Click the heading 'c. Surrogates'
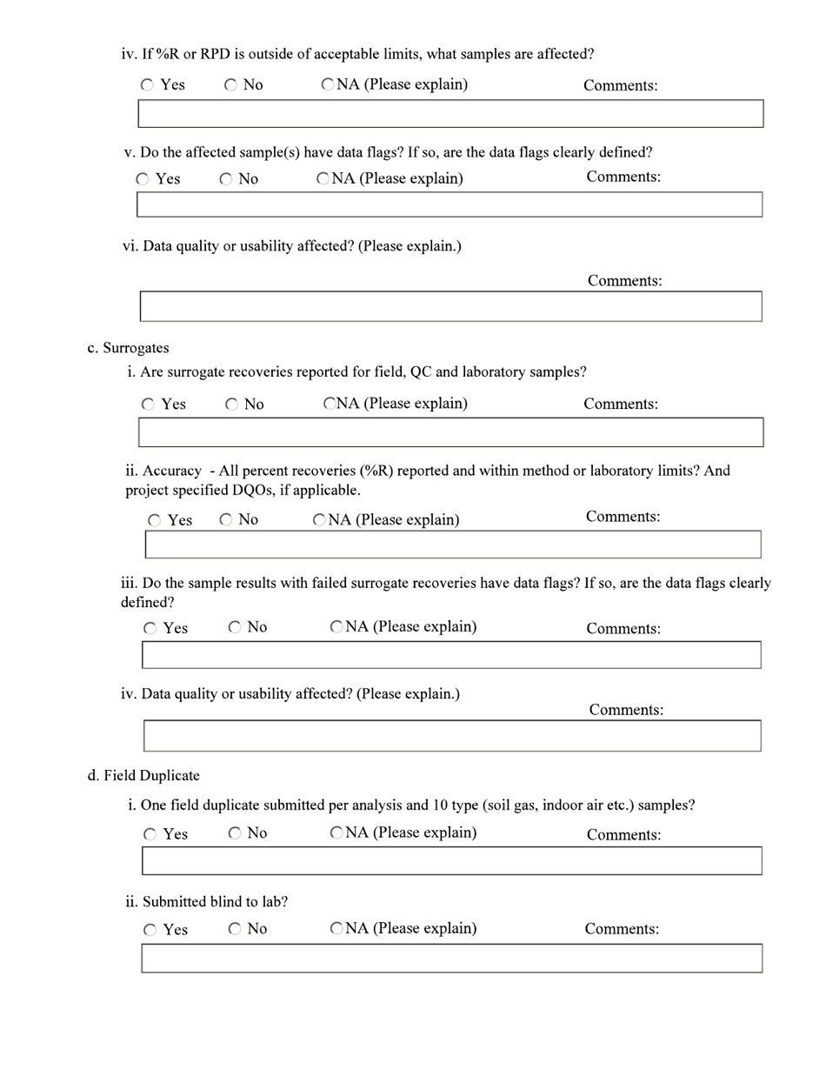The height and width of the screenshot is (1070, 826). point(128,348)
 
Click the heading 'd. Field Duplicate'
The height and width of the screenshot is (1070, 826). point(143,775)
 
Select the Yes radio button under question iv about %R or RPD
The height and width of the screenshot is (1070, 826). point(148,85)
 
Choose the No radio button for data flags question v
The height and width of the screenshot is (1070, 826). point(226,179)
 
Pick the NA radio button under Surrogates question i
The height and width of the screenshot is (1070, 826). point(330,404)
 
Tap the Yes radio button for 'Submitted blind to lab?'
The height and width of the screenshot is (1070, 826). point(150,930)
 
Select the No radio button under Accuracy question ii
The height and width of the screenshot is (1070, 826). point(226,520)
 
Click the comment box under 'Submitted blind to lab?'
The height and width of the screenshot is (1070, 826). point(451,958)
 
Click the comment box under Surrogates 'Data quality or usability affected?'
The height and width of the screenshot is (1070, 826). point(451,735)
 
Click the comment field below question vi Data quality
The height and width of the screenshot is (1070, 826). point(450,306)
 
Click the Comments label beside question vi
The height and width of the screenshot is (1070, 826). point(624,281)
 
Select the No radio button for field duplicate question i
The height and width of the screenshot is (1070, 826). point(235,833)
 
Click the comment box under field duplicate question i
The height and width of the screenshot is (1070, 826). point(451,860)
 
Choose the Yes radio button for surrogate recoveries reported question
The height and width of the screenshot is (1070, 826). point(149,405)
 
